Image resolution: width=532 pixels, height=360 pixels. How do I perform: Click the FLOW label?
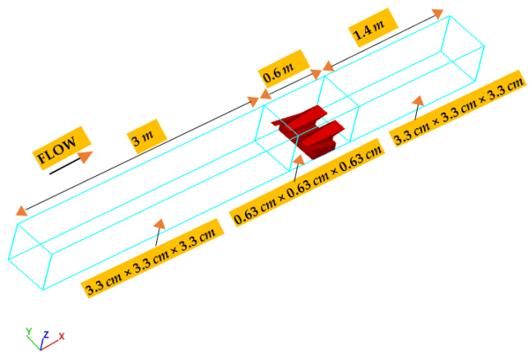tap(60, 146)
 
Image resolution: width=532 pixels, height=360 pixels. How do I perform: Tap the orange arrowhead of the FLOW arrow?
tap(85, 155)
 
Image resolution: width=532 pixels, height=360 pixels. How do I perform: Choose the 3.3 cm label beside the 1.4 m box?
tap(459, 112)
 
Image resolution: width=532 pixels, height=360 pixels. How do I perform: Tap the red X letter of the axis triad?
tap(61, 336)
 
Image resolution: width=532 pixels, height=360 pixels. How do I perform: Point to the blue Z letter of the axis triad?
tap(45, 334)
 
